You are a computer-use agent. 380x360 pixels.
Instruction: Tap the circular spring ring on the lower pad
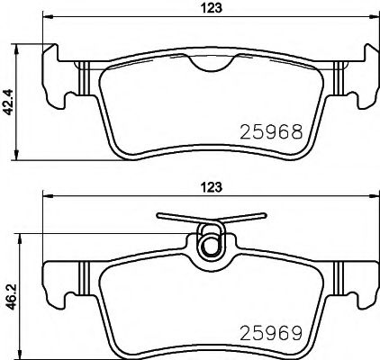click(211, 244)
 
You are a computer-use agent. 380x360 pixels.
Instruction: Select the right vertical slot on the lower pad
click(340, 274)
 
